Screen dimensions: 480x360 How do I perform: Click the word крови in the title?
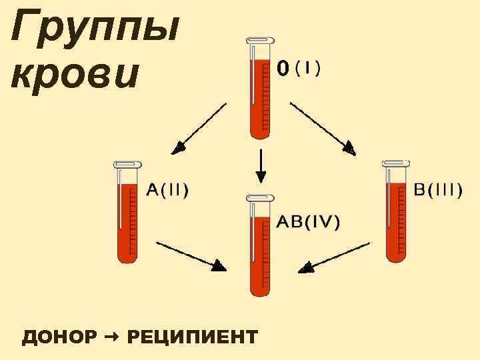pyautogui.click(x=75, y=75)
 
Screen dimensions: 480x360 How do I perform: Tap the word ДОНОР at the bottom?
pyautogui.click(x=59, y=337)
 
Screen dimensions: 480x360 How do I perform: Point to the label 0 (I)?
pyautogui.click(x=298, y=68)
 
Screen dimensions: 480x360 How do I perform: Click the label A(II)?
pyautogui.click(x=167, y=190)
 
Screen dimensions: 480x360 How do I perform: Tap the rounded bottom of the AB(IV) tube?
pyautogui.click(x=259, y=289)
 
